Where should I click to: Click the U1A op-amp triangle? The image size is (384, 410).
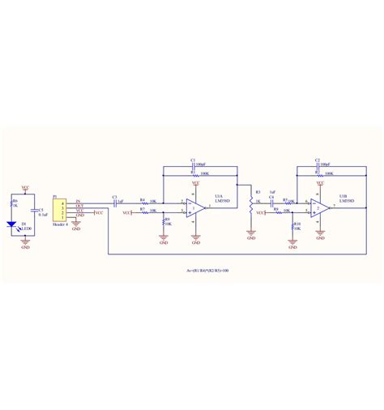(195, 208)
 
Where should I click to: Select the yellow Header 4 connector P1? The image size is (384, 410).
(58, 209)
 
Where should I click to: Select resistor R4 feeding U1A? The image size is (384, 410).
(146, 203)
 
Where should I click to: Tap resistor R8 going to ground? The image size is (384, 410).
(164, 222)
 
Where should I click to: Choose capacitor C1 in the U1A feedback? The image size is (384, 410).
(194, 166)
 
